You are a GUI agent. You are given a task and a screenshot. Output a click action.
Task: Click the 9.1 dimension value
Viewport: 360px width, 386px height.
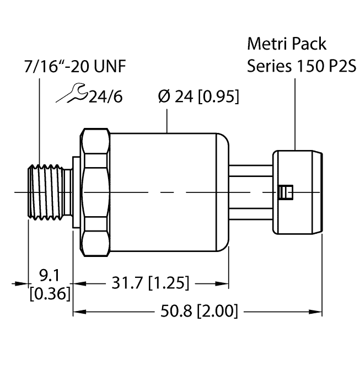click(51, 274)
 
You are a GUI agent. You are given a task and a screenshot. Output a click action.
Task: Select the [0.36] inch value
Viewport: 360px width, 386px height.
click(50, 294)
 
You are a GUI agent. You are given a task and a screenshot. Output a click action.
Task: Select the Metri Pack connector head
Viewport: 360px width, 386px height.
click(298, 191)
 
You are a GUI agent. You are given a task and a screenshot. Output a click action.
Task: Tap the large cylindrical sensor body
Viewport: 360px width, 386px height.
click(165, 193)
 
